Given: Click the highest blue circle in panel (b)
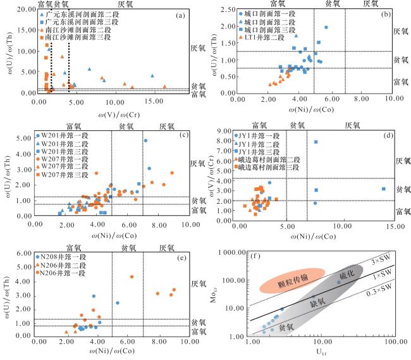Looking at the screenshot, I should [326, 27].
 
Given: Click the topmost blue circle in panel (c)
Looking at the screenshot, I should [145, 141].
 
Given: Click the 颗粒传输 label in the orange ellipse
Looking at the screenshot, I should [296, 278].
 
